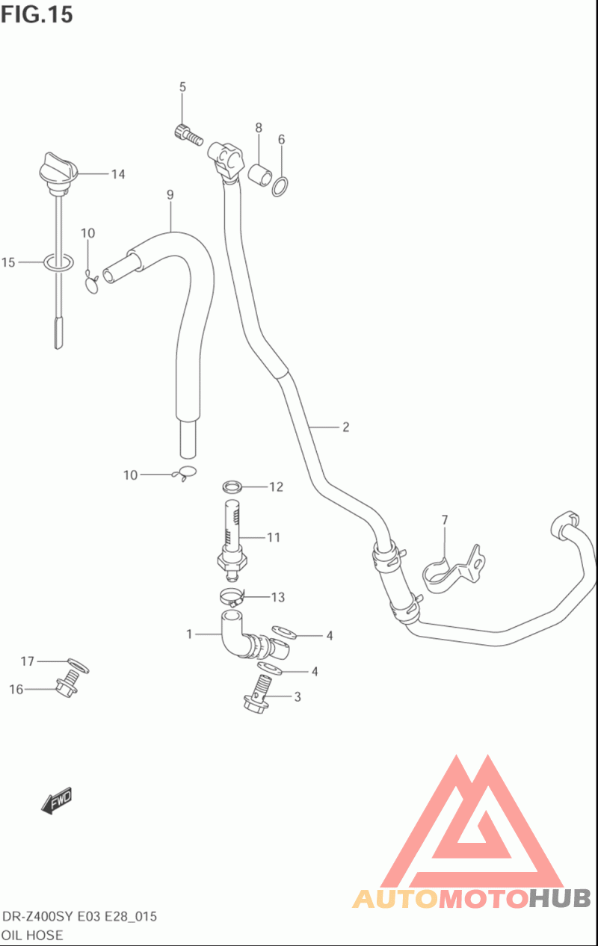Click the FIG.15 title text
pos(37,14)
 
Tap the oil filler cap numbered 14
pos(59,172)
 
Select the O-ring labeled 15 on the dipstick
pos(59,263)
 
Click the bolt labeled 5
pos(188,135)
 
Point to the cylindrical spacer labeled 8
pos(259,174)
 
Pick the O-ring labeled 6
pos(280,187)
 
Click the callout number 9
pos(170,195)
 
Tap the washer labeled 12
pos(232,486)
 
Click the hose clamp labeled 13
pos(232,597)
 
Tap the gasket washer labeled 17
pos(78,665)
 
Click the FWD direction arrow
pos(56,800)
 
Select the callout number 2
pos(345,427)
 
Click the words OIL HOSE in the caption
pos(33,935)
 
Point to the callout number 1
pos(189,634)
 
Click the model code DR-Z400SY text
pos(38,916)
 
